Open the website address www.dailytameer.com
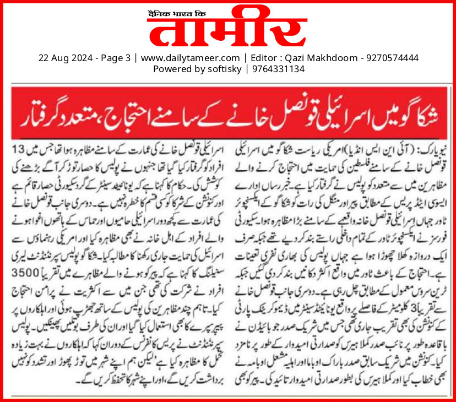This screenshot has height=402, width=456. point(190,57)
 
